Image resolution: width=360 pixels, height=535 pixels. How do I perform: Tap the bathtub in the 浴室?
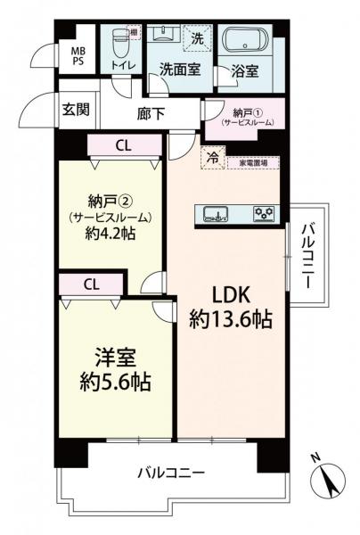pyautogui.click(x=244, y=41)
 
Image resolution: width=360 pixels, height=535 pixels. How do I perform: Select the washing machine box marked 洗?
pyautogui.click(x=198, y=37)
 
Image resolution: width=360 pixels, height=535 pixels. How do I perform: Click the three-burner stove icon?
pyautogui.click(x=266, y=212)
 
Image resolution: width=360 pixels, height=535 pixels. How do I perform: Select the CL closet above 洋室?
pyautogui.click(x=91, y=284)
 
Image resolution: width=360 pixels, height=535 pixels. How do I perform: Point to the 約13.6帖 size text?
pyautogui.click(x=230, y=320)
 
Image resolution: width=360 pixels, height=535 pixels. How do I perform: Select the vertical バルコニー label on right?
pyautogui.click(x=307, y=253)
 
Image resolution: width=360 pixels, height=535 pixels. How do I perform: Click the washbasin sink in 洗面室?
pyautogui.click(x=163, y=35)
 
